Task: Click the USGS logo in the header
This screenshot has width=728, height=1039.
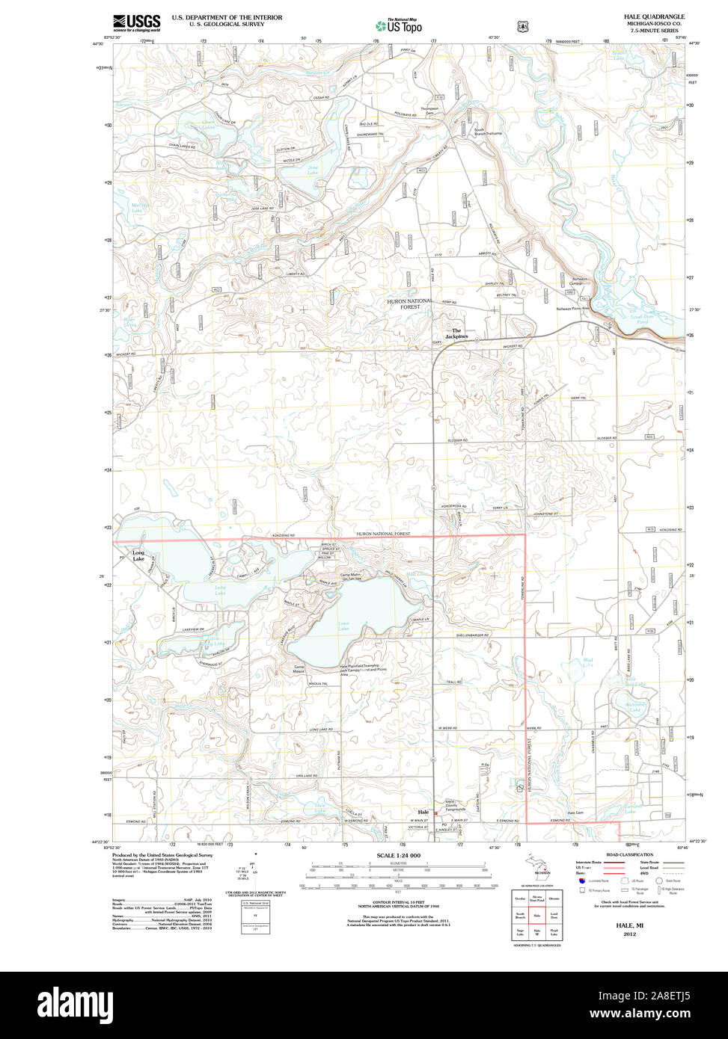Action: coord(136,22)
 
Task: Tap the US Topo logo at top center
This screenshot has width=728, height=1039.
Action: coord(399,25)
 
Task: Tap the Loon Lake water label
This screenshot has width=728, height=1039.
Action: coord(343,626)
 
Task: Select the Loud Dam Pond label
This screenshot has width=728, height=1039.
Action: coord(643,317)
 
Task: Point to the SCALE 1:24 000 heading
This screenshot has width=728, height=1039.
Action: coord(398,855)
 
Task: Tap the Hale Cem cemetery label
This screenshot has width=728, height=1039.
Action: coord(575,813)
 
